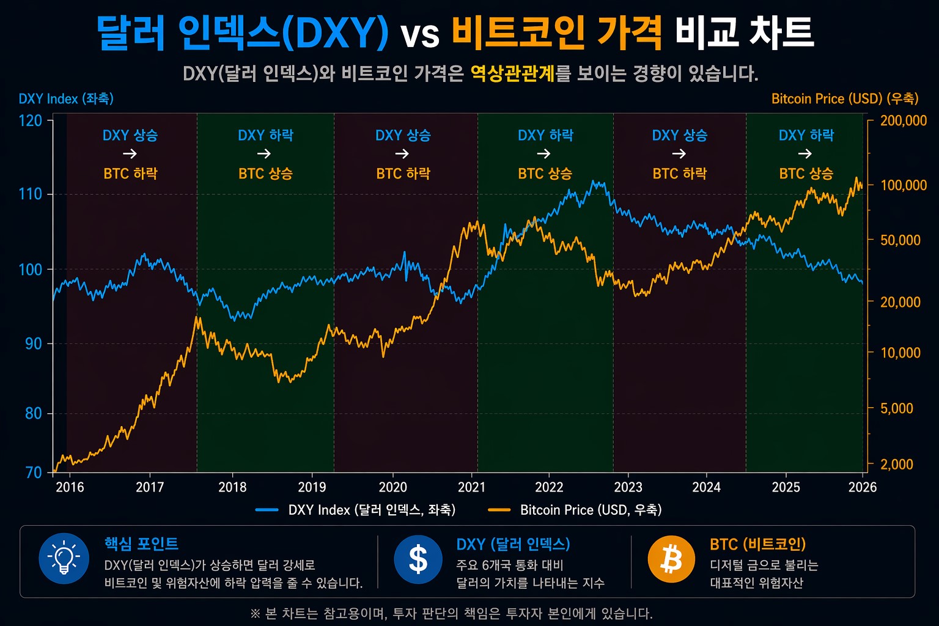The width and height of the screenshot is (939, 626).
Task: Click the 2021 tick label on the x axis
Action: point(471,487)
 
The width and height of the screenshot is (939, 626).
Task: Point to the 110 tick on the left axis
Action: point(30,194)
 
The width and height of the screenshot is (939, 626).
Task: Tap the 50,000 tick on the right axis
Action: point(900,240)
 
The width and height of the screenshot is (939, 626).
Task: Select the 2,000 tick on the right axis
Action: point(896,465)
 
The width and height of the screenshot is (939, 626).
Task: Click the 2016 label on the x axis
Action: point(70,487)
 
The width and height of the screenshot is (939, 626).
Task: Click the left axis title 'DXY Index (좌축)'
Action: point(66,99)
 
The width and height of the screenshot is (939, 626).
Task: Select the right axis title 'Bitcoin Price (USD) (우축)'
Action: point(844,99)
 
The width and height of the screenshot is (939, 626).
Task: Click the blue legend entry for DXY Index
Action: point(355,510)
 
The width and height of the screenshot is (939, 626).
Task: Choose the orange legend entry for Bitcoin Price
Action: point(575,510)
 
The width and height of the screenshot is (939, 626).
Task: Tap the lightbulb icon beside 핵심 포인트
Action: point(64,559)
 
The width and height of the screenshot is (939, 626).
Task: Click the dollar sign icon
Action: point(418,559)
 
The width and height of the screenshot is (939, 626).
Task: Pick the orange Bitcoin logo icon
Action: point(671,559)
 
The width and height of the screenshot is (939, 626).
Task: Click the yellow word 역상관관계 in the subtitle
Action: point(512,74)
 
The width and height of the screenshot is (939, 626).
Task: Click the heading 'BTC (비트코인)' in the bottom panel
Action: point(757,544)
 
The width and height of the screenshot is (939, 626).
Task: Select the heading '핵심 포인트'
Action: point(141,543)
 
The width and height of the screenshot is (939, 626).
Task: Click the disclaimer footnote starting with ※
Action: point(451,613)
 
